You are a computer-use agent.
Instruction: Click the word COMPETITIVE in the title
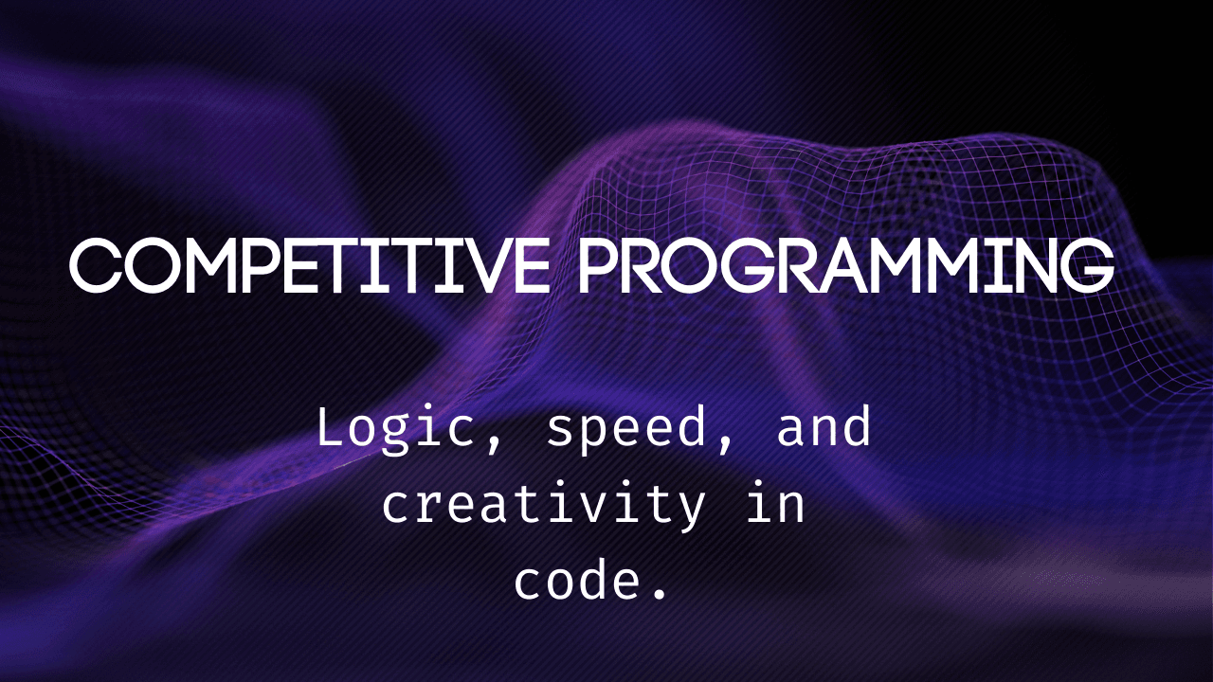[x=309, y=266]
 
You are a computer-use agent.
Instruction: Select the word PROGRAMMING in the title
[x=846, y=266]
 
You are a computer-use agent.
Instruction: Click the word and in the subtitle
[x=824, y=426]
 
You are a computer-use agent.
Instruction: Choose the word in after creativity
[x=776, y=503]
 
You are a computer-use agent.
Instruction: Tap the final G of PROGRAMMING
[x=1087, y=266]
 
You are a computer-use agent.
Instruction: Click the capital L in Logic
[x=333, y=426]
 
